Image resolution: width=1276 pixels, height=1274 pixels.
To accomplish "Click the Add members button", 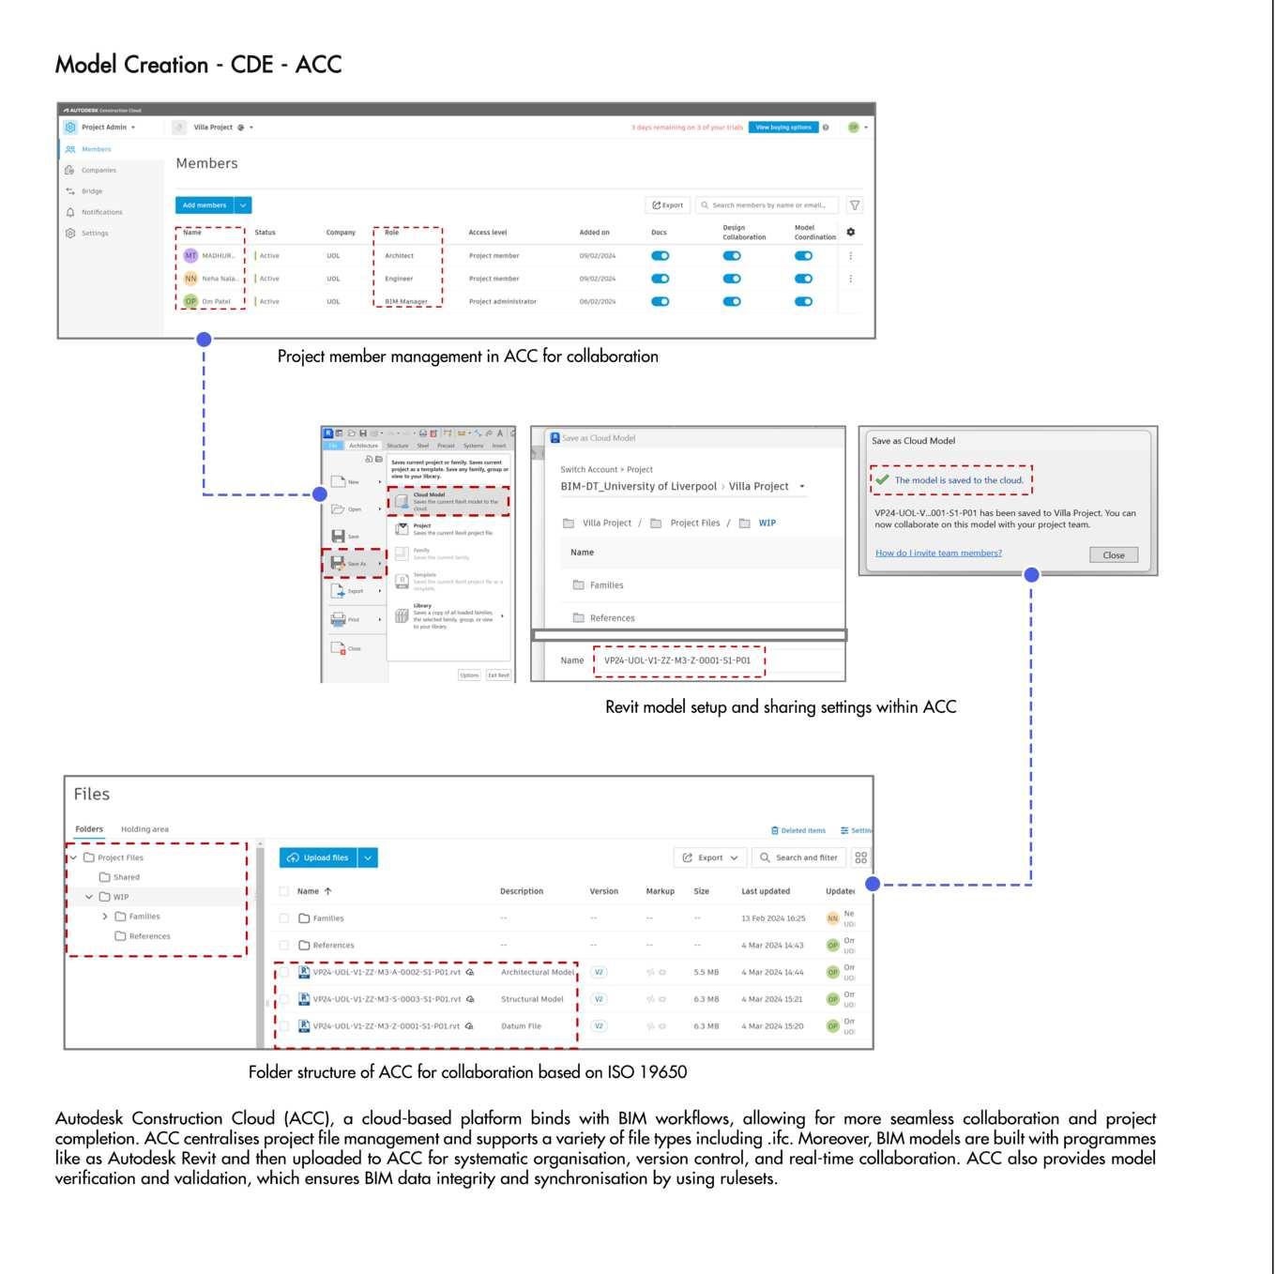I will [x=204, y=205].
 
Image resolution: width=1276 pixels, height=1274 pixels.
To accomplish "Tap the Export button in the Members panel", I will [x=668, y=205].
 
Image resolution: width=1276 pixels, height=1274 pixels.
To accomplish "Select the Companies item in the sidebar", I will [x=99, y=171].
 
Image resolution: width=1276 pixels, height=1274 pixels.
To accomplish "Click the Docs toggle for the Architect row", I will [x=661, y=256].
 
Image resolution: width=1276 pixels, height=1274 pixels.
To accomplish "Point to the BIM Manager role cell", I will [x=406, y=302].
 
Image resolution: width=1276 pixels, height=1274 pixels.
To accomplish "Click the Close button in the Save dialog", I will [x=1114, y=555].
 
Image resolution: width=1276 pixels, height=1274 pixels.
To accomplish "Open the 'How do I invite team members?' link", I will [x=938, y=554].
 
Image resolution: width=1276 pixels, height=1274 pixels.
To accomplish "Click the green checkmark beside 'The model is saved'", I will [x=882, y=479].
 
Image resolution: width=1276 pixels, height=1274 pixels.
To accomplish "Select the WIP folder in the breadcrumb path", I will [x=767, y=523].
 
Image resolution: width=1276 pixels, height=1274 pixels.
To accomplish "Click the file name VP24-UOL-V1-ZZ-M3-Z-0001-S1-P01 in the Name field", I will [x=677, y=660].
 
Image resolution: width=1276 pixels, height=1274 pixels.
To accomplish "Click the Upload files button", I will [x=318, y=857].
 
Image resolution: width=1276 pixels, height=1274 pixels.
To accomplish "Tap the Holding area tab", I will [x=144, y=829].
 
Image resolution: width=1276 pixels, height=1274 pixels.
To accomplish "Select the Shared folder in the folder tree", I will [x=126, y=877].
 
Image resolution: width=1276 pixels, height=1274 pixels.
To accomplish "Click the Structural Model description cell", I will [x=532, y=999].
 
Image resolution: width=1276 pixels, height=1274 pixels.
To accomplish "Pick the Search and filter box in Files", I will [x=799, y=857].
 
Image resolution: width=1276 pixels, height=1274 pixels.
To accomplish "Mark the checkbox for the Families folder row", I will [x=284, y=918].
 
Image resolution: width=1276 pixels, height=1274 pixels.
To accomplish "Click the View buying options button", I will [x=783, y=128].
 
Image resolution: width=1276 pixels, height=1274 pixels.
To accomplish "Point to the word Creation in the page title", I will [x=175, y=65].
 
